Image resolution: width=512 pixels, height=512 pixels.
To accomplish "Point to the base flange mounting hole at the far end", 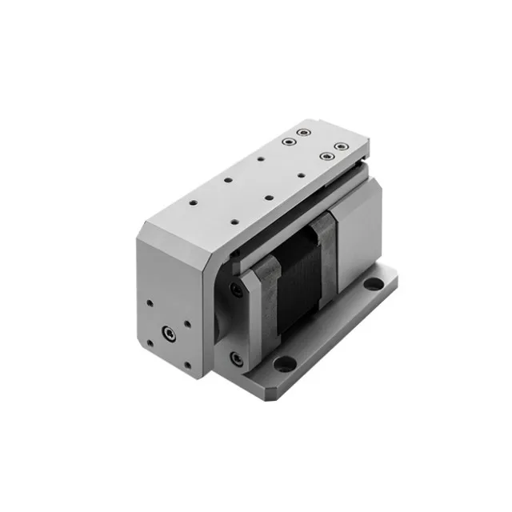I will tap(374, 282).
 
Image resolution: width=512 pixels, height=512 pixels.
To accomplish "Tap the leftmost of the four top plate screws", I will tap(286, 142).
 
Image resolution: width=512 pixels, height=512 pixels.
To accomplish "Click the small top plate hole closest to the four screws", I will tap(261, 159).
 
